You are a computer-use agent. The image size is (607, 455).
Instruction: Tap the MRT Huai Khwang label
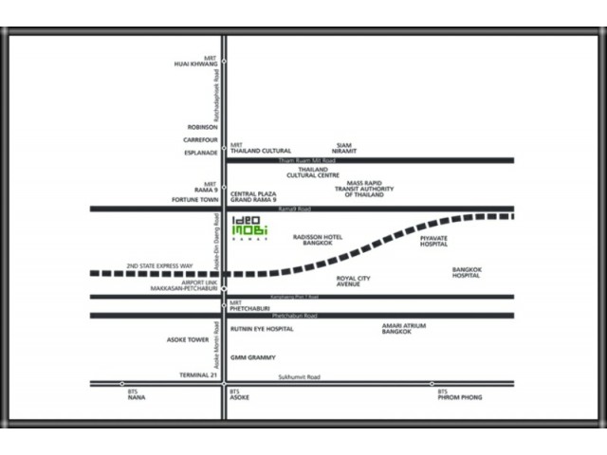(x=195, y=62)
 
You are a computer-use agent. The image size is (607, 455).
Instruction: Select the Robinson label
(x=202, y=126)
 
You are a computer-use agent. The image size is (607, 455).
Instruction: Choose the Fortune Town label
(x=195, y=199)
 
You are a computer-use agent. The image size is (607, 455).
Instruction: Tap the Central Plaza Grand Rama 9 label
(x=253, y=196)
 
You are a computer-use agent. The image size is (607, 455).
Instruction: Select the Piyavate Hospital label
(x=433, y=240)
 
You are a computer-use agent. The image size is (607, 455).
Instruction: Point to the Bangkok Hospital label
(x=466, y=272)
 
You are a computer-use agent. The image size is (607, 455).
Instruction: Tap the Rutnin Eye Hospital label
(x=262, y=329)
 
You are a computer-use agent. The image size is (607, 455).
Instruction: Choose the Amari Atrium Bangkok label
(x=404, y=329)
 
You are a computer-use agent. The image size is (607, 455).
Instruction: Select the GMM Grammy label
(x=253, y=357)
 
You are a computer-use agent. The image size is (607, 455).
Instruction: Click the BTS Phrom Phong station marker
(x=432, y=384)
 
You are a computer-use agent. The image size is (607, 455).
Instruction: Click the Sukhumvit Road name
(x=299, y=377)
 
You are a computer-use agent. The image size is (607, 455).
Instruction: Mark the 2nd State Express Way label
(x=159, y=266)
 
